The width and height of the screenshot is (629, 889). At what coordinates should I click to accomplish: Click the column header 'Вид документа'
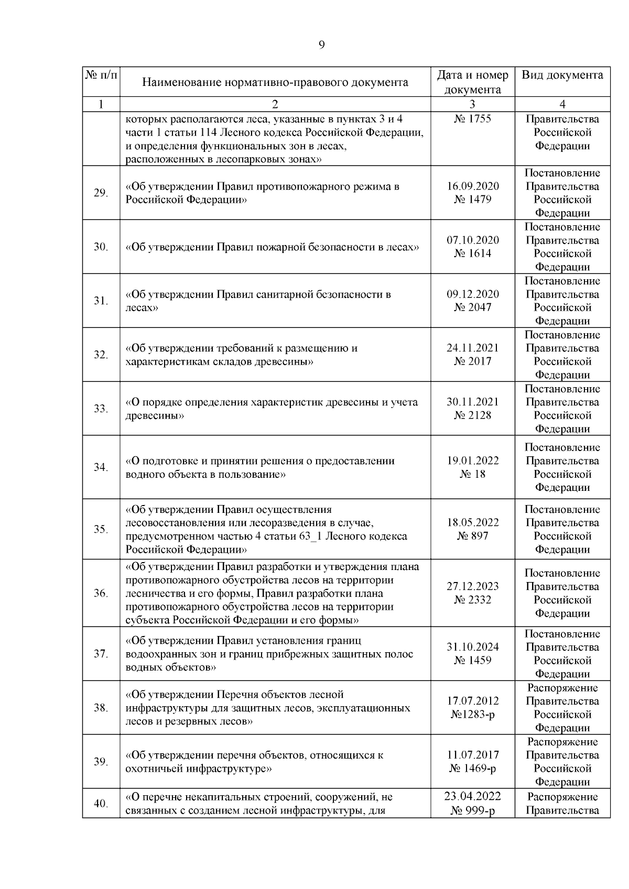pyautogui.click(x=562, y=75)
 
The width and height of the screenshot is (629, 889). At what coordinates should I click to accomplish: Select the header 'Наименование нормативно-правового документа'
pyautogui.click(x=275, y=82)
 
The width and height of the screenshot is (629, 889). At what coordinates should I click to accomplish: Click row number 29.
pyautogui.click(x=101, y=193)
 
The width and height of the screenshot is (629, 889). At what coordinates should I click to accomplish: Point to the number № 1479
pyautogui.click(x=472, y=200)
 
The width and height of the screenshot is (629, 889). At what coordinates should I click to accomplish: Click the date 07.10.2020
pyautogui.click(x=472, y=240)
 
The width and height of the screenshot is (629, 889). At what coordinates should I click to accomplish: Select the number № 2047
pyautogui.click(x=472, y=308)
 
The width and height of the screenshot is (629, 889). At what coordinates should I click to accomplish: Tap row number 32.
pyautogui.click(x=101, y=355)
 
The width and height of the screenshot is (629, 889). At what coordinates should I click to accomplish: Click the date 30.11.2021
pyautogui.click(x=472, y=402)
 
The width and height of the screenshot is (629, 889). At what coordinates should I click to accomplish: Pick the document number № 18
pyautogui.click(x=472, y=474)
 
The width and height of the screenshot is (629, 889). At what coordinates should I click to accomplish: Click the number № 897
pyautogui.click(x=472, y=536)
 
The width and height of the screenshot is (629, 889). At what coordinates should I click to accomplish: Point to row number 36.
pyautogui.click(x=101, y=593)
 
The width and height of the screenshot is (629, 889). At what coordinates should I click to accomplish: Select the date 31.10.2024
pyautogui.click(x=472, y=647)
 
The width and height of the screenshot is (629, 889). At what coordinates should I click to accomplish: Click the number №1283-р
pyautogui.click(x=472, y=715)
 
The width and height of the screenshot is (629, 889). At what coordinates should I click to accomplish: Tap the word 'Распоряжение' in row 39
pyautogui.click(x=562, y=742)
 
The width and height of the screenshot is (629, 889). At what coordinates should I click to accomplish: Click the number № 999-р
pyautogui.click(x=472, y=810)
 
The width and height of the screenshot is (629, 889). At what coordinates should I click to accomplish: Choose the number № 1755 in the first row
pyautogui.click(x=472, y=119)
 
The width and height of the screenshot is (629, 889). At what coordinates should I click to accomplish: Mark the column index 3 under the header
pyautogui.click(x=472, y=104)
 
